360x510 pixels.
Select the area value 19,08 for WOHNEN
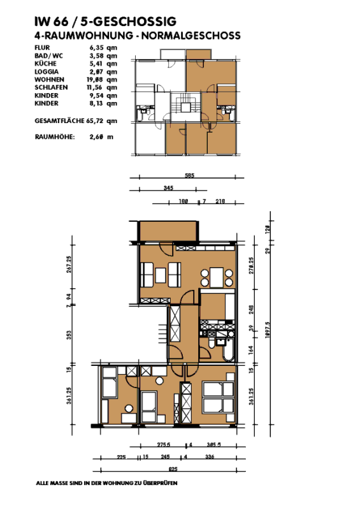[97, 79]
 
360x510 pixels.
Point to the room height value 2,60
[97, 136]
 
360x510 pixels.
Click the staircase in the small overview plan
[185, 105]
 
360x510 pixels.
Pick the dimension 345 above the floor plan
[168, 188]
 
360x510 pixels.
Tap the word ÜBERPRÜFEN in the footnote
[159, 484]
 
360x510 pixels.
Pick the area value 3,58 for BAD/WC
[97, 55]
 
